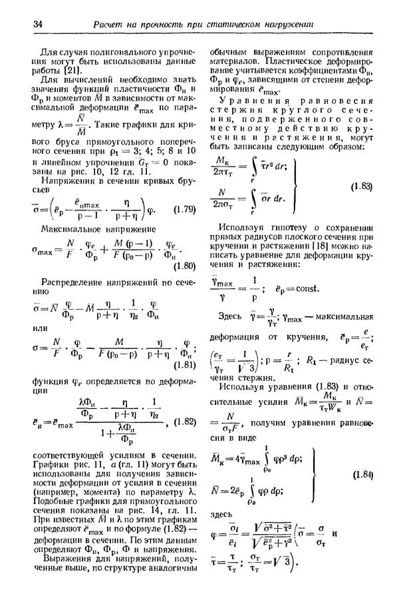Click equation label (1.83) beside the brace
pos(361,187)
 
